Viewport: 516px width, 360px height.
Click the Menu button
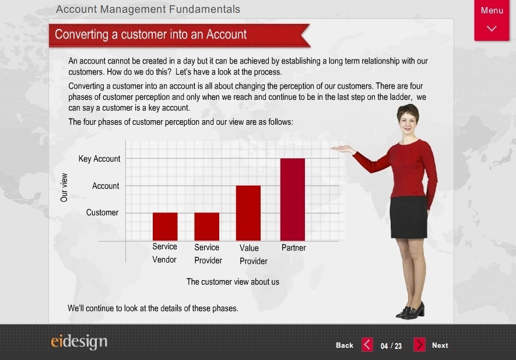point(492,20)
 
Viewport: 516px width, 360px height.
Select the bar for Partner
point(293,200)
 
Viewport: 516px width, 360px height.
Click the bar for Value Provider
point(248,213)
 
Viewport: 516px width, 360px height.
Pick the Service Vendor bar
point(165,226)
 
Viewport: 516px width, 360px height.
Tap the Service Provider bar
point(206,226)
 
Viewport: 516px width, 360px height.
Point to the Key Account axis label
point(99,159)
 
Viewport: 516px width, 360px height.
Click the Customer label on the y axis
point(102,212)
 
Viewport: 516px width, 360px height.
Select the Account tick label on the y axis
point(106,186)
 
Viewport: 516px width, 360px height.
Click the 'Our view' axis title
point(64,187)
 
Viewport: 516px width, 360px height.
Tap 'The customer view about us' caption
point(233,282)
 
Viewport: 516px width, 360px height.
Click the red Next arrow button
point(419,345)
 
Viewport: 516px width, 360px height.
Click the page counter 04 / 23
point(391,346)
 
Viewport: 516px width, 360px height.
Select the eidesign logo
point(79,342)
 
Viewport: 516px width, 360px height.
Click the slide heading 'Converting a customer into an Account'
point(151,34)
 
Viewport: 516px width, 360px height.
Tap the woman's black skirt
point(409,216)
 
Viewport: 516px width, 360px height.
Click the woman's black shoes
point(410,310)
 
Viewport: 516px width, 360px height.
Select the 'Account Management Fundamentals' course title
point(148,9)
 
